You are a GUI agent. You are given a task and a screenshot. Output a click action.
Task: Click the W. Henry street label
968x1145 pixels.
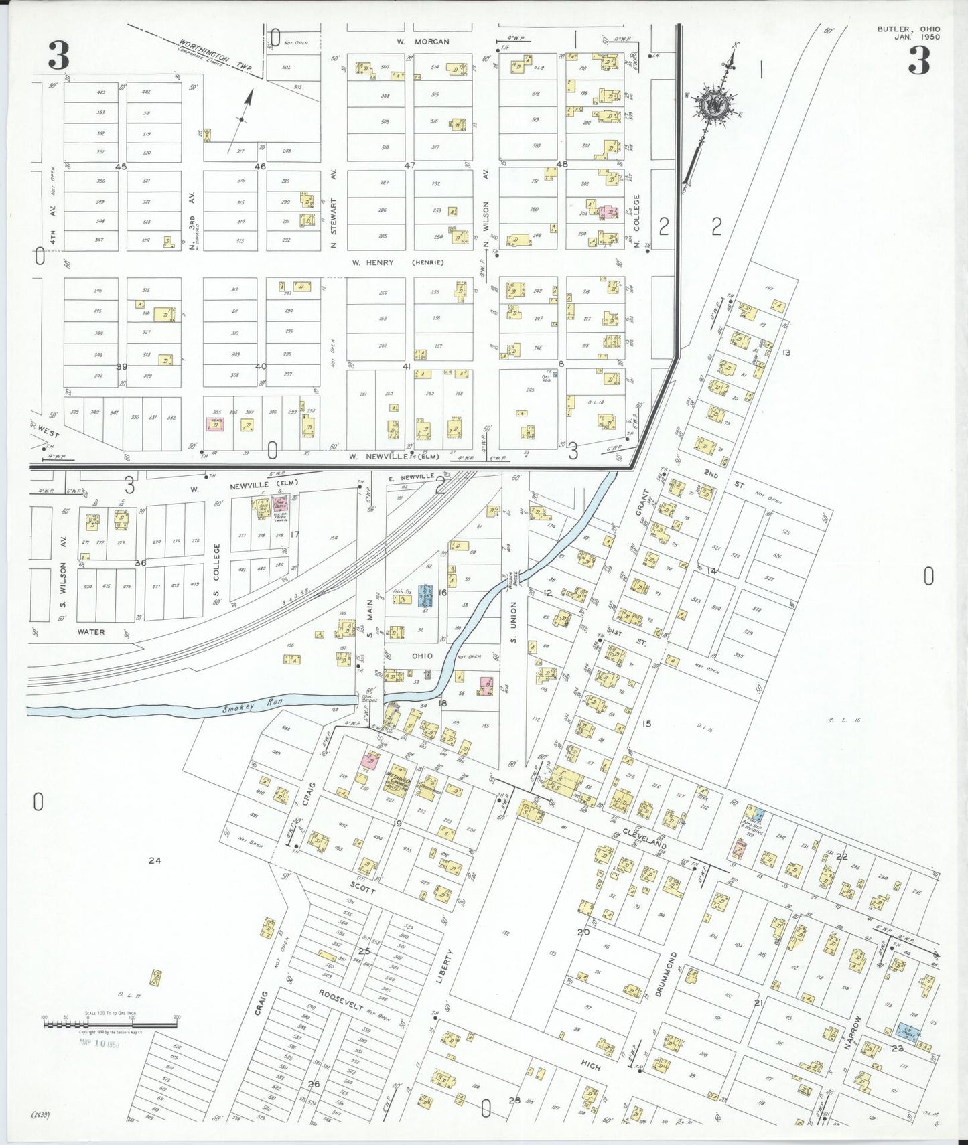point(374,262)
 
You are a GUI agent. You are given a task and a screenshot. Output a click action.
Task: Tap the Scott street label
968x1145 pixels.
point(362,887)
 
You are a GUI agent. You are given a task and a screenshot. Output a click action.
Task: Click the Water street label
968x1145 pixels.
point(91,631)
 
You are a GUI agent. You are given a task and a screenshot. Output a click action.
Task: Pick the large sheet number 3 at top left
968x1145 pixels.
point(58,56)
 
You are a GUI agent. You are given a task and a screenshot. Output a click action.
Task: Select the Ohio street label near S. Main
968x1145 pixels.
point(422,656)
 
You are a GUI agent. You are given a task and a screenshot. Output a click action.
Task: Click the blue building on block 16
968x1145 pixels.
point(424,595)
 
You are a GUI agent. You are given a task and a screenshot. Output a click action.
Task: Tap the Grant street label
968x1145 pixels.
point(642,501)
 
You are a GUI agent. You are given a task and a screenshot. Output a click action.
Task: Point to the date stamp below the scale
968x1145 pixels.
point(99,1043)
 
